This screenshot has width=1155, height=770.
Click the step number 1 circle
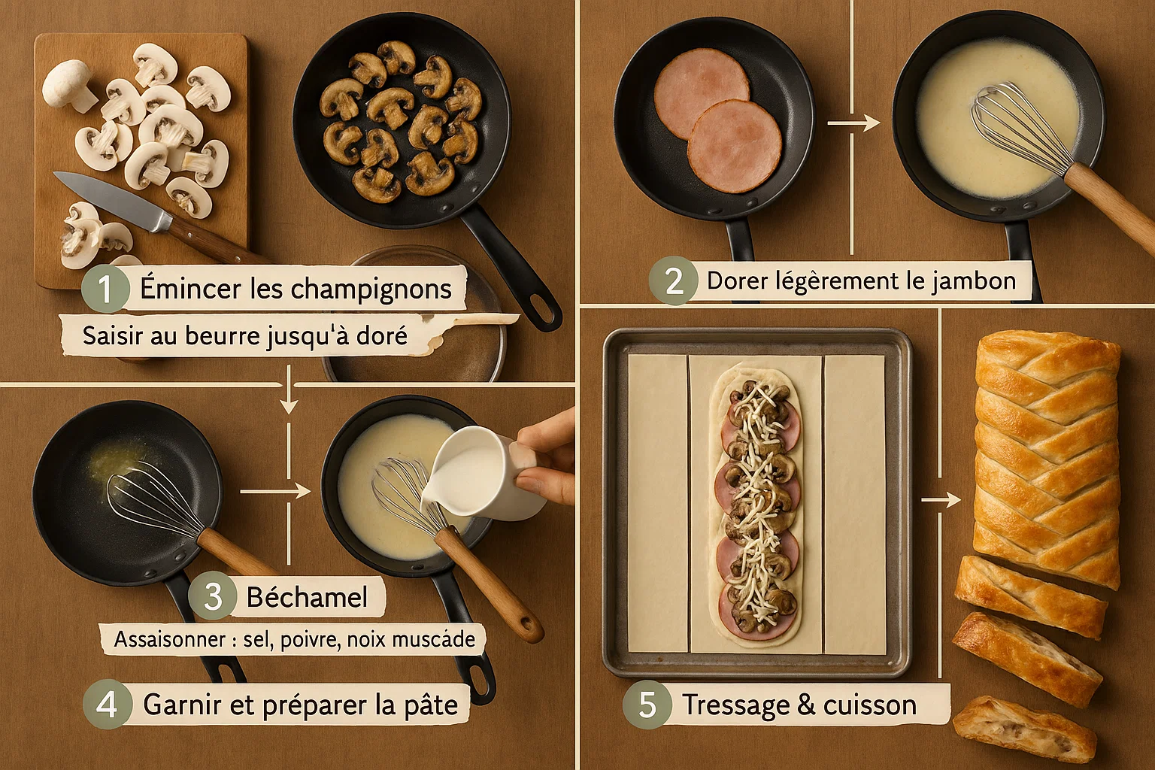[105, 290]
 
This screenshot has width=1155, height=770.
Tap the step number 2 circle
[675, 281]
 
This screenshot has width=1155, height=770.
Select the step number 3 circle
[213, 597]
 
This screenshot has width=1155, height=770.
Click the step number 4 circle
[107, 705]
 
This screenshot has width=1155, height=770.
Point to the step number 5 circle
[647, 705]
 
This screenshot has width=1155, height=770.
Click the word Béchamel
[307, 597]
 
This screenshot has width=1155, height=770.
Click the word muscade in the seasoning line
[435, 640]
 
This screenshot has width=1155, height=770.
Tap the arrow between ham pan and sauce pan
[853, 123]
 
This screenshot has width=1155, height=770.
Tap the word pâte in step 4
[432, 705]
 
